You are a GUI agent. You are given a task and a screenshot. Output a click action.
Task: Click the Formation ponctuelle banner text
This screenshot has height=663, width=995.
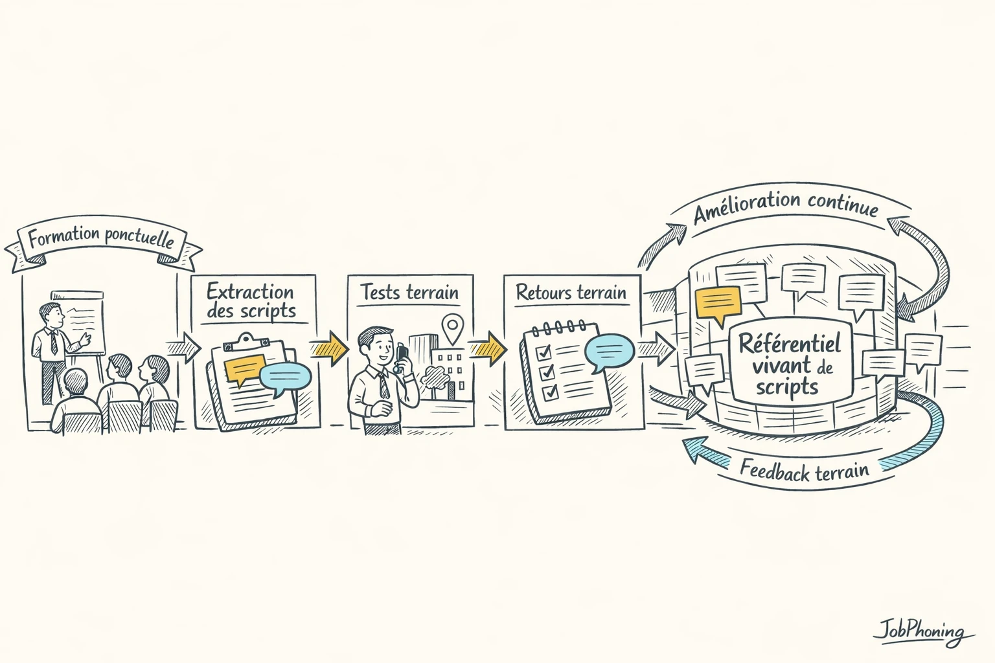[x=102, y=238]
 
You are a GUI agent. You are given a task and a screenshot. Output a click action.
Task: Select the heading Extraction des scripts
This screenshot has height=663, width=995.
[x=251, y=300]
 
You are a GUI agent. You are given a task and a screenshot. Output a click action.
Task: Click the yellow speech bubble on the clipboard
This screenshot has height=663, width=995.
[x=244, y=370]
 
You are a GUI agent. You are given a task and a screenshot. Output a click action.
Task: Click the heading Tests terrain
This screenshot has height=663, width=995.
[x=409, y=293]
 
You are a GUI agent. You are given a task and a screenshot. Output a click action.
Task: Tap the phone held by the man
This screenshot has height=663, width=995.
[x=402, y=355]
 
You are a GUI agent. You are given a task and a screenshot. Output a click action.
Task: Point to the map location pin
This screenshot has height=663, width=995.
[x=452, y=326]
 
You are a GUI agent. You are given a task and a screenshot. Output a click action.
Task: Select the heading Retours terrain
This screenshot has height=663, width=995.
[x=571, y=293]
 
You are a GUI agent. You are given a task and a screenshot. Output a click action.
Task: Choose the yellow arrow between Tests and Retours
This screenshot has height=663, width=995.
[x=488, y=348]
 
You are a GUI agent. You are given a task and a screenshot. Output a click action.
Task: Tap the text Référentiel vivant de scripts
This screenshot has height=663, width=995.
[x=789, y=365]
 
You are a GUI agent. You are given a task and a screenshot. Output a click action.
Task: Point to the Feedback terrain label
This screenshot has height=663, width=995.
[x=804, y=471]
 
